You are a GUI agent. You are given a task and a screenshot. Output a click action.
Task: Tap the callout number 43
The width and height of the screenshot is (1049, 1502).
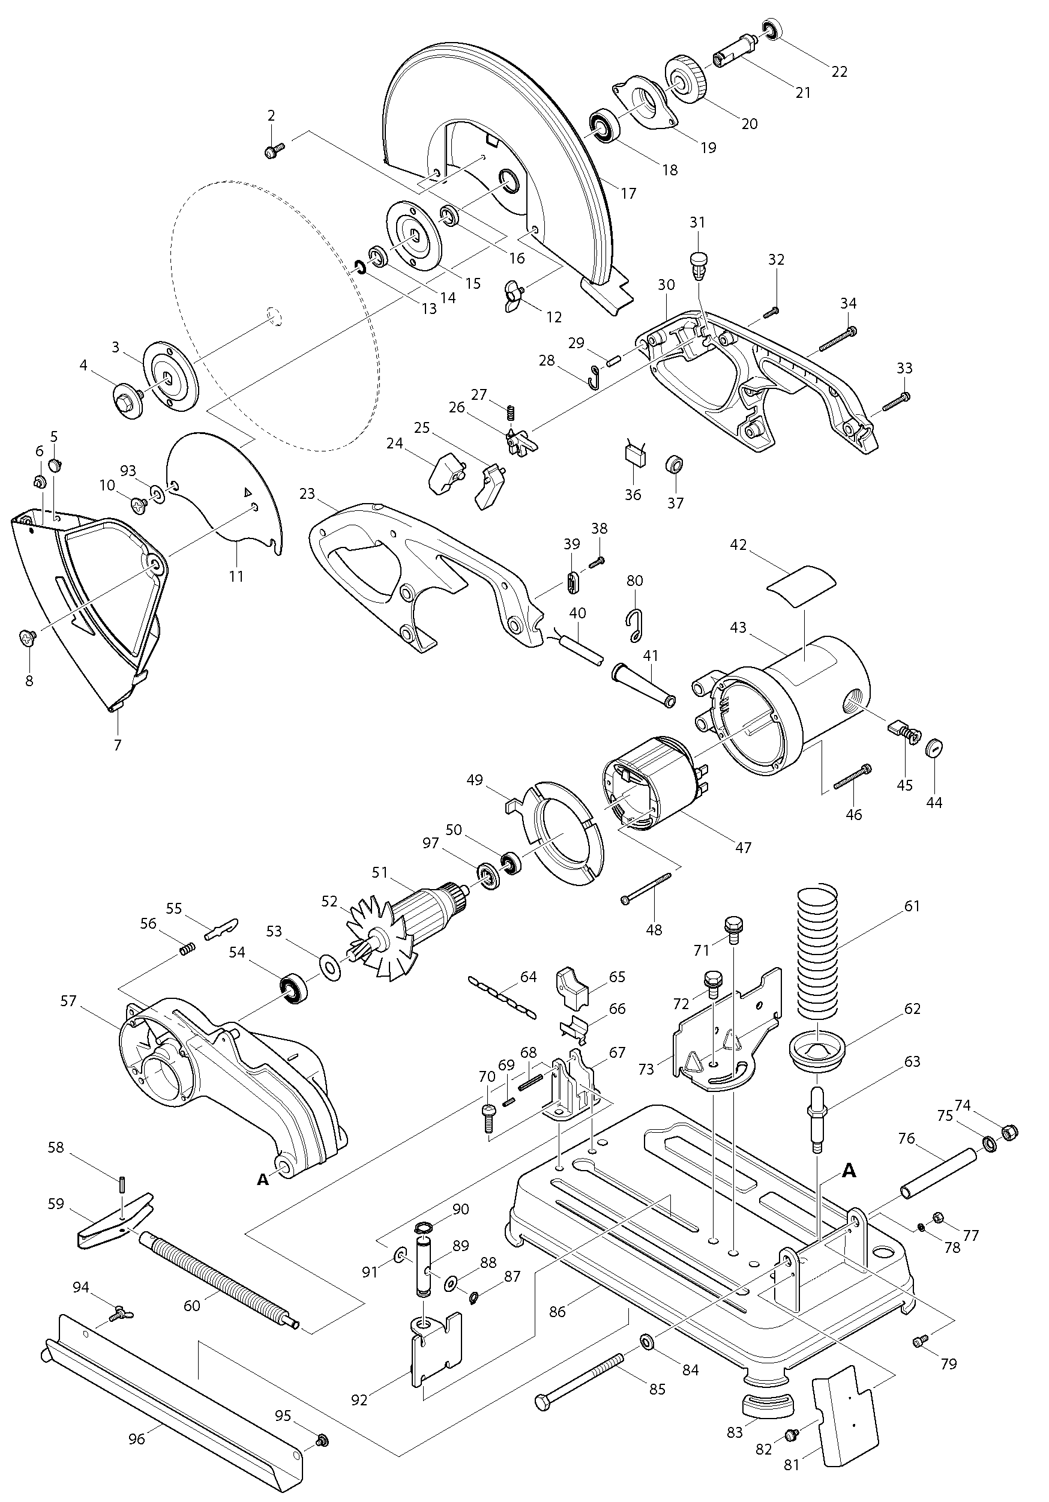[738, 627]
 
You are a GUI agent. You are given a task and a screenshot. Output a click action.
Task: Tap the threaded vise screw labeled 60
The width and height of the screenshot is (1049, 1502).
[216, 1278]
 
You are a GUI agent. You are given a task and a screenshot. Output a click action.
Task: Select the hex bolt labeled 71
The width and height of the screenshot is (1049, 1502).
[733, 929]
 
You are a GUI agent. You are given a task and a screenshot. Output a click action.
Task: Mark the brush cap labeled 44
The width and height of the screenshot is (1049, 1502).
[934, 747]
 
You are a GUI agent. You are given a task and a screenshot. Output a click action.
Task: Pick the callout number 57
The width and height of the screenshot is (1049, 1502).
[68, 1001]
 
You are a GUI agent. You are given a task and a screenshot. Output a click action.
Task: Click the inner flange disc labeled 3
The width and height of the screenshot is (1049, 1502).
[168, 376]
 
